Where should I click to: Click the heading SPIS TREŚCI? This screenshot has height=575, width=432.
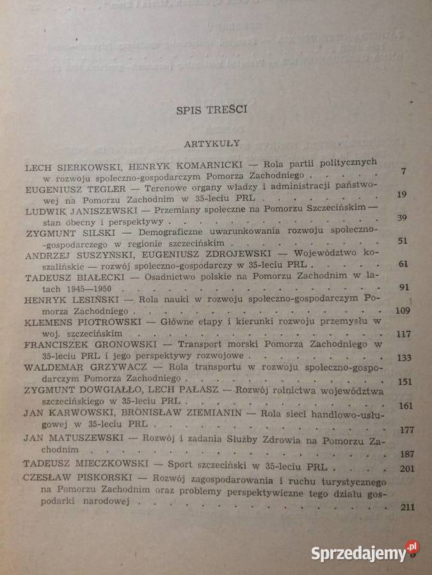coord(212,110)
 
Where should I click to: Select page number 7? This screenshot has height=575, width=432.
coord(402,171)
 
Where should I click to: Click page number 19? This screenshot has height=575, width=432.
coord(402,195)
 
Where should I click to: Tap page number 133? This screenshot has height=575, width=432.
coord(403,358)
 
